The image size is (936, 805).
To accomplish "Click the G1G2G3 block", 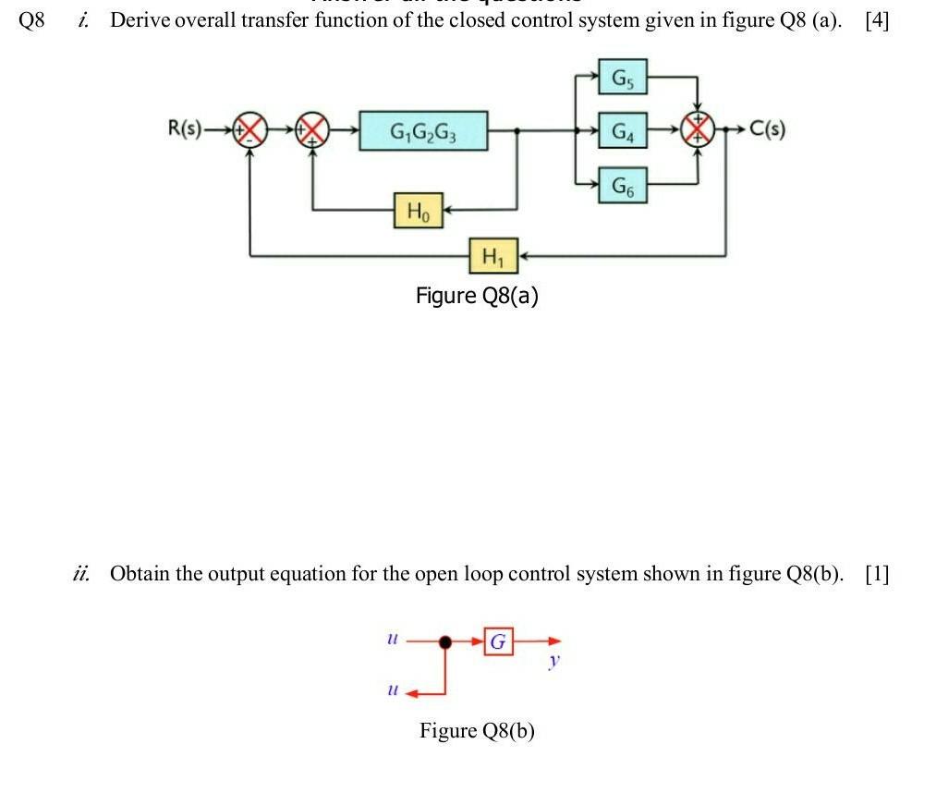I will coord(424,130).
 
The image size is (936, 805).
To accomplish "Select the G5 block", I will coord(623,78).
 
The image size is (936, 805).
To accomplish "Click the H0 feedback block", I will coord(419,211).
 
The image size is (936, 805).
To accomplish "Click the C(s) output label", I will coord(766,128).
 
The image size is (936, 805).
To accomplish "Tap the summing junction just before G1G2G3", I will coord(313,129).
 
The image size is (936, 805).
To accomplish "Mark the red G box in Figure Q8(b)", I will coord(499,640).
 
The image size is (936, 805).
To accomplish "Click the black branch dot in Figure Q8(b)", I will coord(446,640).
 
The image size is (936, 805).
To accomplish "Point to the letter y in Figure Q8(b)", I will coord(553,660).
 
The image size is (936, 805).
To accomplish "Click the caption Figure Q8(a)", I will coord(477,296).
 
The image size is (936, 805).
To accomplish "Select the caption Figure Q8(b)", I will coord(477,731).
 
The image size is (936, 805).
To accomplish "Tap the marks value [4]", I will coord(876,21).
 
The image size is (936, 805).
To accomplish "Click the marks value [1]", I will coord(876,574).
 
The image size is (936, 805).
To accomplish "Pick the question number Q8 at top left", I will coord(31,21).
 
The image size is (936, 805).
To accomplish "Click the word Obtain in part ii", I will coord(140,574).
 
